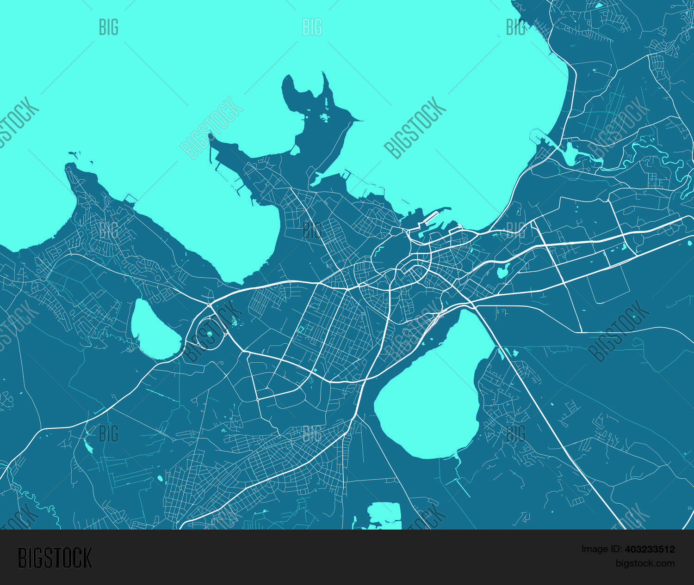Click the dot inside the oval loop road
tap(209, 334)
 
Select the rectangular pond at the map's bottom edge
tap(384, 514)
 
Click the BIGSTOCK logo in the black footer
tap(55, 558)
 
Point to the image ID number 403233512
tap(650, 549)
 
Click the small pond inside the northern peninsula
tap(325, 116)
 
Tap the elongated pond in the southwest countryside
tap(88, 445)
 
